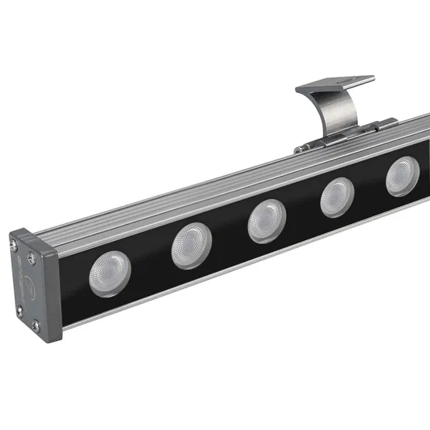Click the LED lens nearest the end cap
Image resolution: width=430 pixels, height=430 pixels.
click(x=109, y=271)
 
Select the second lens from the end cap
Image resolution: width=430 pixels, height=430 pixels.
click(x=191, y=246)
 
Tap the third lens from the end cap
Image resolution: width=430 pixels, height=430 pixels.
click(x=267, y=221)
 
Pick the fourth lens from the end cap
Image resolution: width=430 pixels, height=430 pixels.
click(x=338, y=197)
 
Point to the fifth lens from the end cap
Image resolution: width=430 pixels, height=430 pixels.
click(x=402, y=176)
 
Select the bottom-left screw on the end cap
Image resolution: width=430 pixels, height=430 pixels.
click(x=19, y=310)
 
